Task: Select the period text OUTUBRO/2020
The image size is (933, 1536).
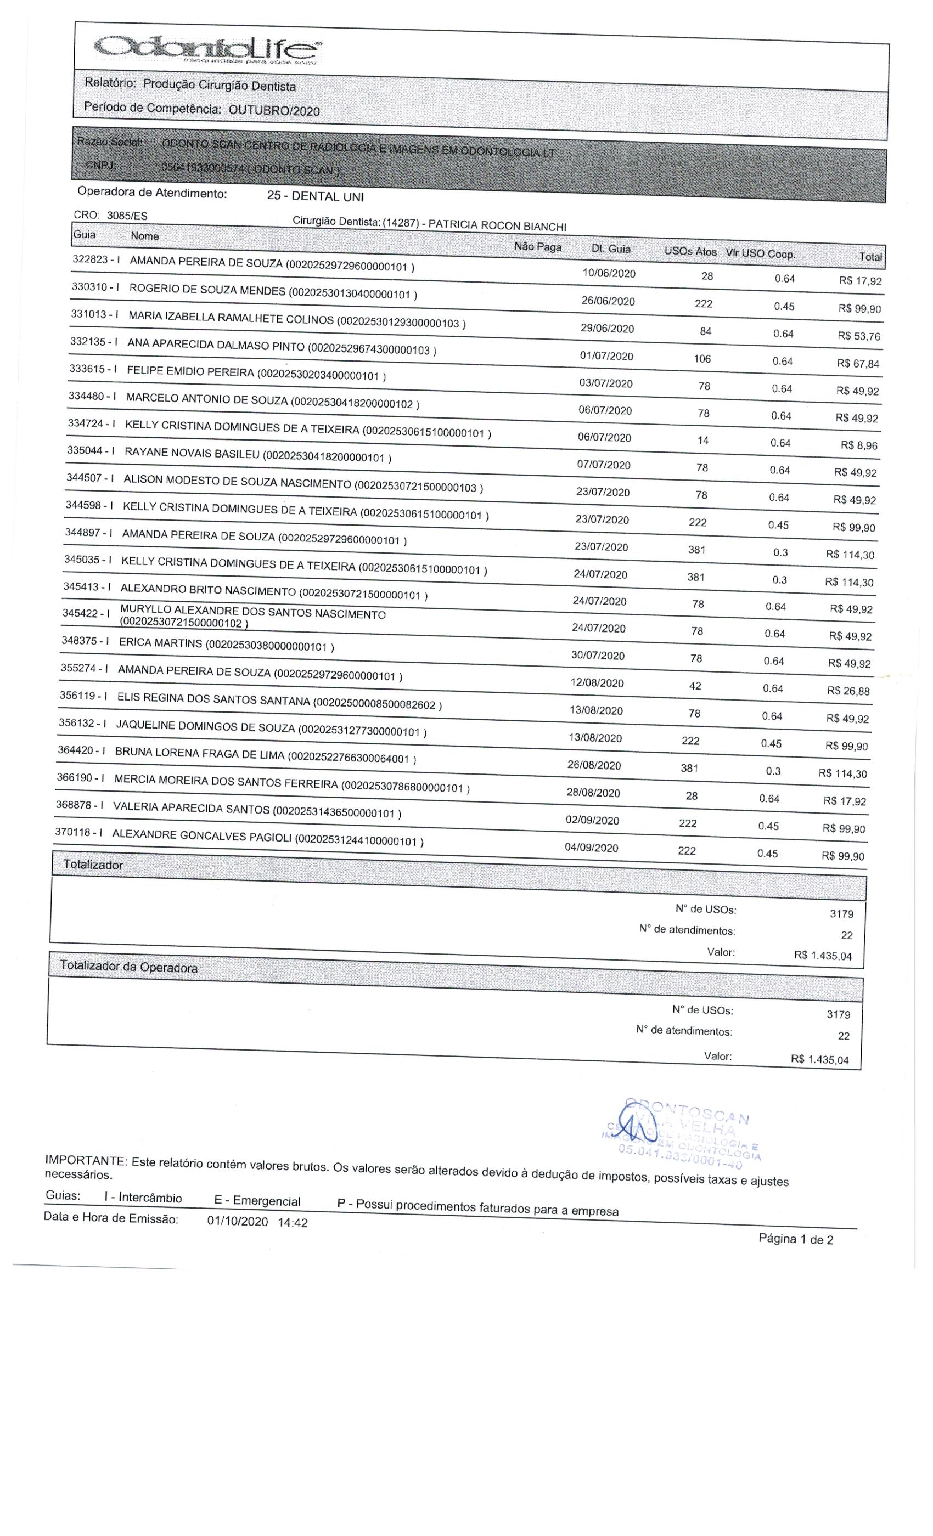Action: (x=274, y=111)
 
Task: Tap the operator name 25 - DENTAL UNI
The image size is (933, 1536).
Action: (x=315, y=196)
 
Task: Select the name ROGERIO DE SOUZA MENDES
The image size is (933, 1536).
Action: (x=206, y=290)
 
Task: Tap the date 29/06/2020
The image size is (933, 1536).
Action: (x=607, y=329)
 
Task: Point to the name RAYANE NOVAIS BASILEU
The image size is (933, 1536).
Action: (x=192, y=453)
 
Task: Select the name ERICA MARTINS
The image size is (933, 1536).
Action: (x=160, y=643)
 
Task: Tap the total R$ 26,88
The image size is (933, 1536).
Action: (x=847, y=691)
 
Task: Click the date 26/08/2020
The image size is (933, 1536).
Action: (x=594, y=765)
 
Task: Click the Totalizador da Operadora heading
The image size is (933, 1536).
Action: (x=128, y=967)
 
